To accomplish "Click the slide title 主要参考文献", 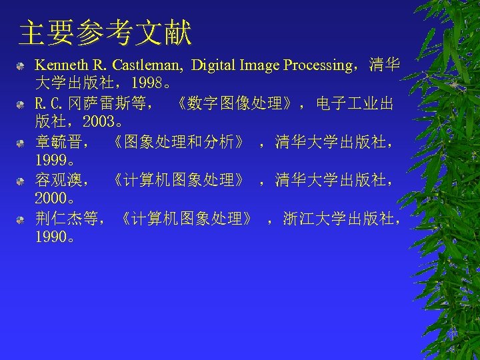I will point(105,33).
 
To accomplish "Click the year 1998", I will point(147,85).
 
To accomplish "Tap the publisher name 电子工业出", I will point(355,104).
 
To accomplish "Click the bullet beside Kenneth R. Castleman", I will point(22,66).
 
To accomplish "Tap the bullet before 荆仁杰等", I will point(22,219).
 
